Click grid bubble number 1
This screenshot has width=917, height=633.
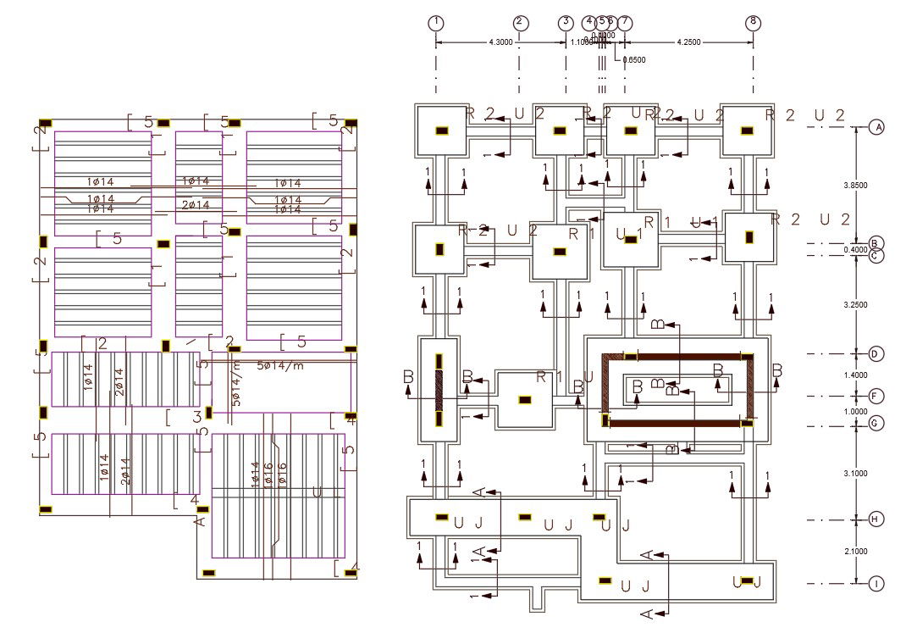436,23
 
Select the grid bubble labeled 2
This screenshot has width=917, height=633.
520,23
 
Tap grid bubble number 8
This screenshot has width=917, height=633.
753,23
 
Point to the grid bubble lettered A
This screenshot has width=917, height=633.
877,127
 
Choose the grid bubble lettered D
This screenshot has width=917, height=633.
877,353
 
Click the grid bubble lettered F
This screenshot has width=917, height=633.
877,396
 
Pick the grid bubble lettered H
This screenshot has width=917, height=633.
877,519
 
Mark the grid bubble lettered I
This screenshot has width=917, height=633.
877,584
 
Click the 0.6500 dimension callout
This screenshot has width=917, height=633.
634,60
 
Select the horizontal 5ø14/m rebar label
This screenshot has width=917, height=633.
281,365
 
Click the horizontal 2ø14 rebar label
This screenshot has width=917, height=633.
196,205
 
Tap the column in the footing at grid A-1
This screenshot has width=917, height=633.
440,130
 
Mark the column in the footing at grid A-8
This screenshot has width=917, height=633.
746,130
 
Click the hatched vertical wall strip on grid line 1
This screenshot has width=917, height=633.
439,391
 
